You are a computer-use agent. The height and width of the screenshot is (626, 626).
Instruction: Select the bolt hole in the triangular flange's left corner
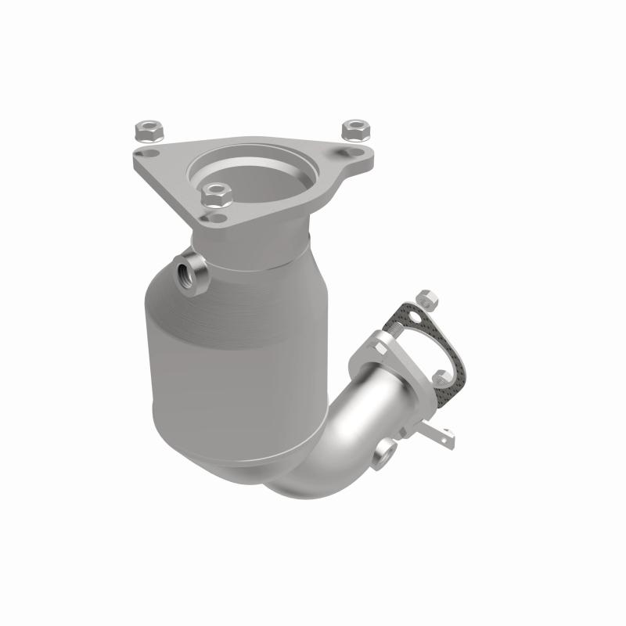[142, 154]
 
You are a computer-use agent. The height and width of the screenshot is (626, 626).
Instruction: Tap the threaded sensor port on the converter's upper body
[187, 274]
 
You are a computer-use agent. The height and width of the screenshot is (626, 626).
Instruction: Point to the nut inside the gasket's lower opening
[440, 377]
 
